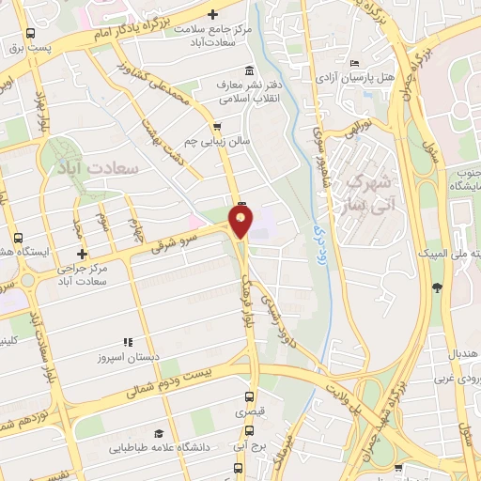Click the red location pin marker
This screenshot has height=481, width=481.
[x=241, y=223]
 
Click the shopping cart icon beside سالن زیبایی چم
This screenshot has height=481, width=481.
[x=219, y=126]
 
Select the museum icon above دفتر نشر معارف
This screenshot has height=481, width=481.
[x=248, y=70]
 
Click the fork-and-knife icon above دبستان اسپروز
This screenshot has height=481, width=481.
[x=128, y=342]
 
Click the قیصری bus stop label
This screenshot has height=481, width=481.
[x=249, y=412]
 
